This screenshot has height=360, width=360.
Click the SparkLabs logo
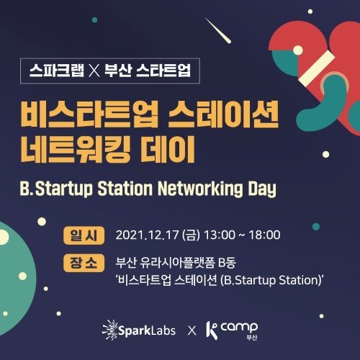pos(139,330)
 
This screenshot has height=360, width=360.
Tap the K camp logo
pos(232,330)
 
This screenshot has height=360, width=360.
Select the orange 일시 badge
pos(84,235)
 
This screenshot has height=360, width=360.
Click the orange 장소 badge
pos(84,263)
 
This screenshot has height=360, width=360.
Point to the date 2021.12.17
pos(147,235)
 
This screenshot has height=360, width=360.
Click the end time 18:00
pos(264,235)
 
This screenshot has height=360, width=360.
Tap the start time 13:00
pos(220,235)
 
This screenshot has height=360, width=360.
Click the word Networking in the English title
pos(200,189)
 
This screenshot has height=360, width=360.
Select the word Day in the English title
pos(262,189)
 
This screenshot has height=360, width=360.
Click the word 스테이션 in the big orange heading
pos(223,114)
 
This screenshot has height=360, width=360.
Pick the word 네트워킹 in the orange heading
pos(76,149)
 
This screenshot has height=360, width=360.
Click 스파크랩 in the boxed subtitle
pos(57,71)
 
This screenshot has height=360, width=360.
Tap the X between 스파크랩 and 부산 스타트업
pos(94,71)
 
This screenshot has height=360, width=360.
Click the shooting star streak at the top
pos(218,30)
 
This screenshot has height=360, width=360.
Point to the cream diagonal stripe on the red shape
pos(317,66)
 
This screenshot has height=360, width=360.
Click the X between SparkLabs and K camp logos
pos(192,330)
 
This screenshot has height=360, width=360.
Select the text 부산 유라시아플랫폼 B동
pos(176,262)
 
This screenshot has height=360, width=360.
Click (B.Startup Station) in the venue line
pos(271,280)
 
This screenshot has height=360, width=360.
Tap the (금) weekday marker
pos(191,235)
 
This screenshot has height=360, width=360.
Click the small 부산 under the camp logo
pos(252,337)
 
